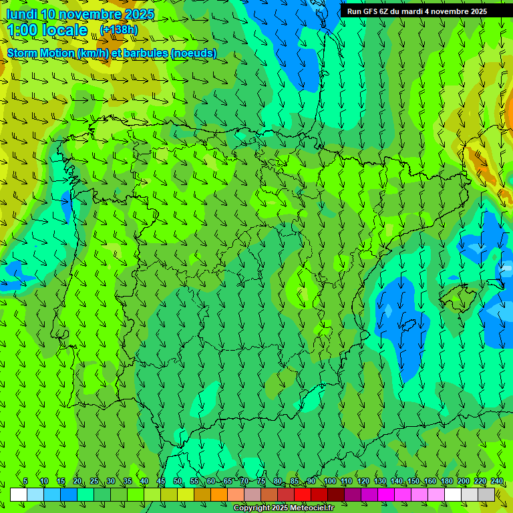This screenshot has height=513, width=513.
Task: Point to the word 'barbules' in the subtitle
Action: click(x=146, y=53)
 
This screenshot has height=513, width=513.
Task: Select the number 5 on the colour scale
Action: click(x=25, y=482)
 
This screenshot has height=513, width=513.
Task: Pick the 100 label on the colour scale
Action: click(x=330, y=482)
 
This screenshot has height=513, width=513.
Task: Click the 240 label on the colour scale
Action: click(x=497, y=482)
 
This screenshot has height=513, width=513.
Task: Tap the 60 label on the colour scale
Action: click(x=211, y=482)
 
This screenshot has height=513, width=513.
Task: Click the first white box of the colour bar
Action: click(x=19, y=494)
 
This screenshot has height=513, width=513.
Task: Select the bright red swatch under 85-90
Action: click(x=303, y=494)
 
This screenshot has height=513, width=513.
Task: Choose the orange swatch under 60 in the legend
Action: click(x=219, y=494)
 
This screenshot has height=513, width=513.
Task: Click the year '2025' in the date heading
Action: click(x=140, y=14)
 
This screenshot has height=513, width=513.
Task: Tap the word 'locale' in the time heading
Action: click(x=65, y=31)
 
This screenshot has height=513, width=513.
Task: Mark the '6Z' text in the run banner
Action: click(x=385, y=11)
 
